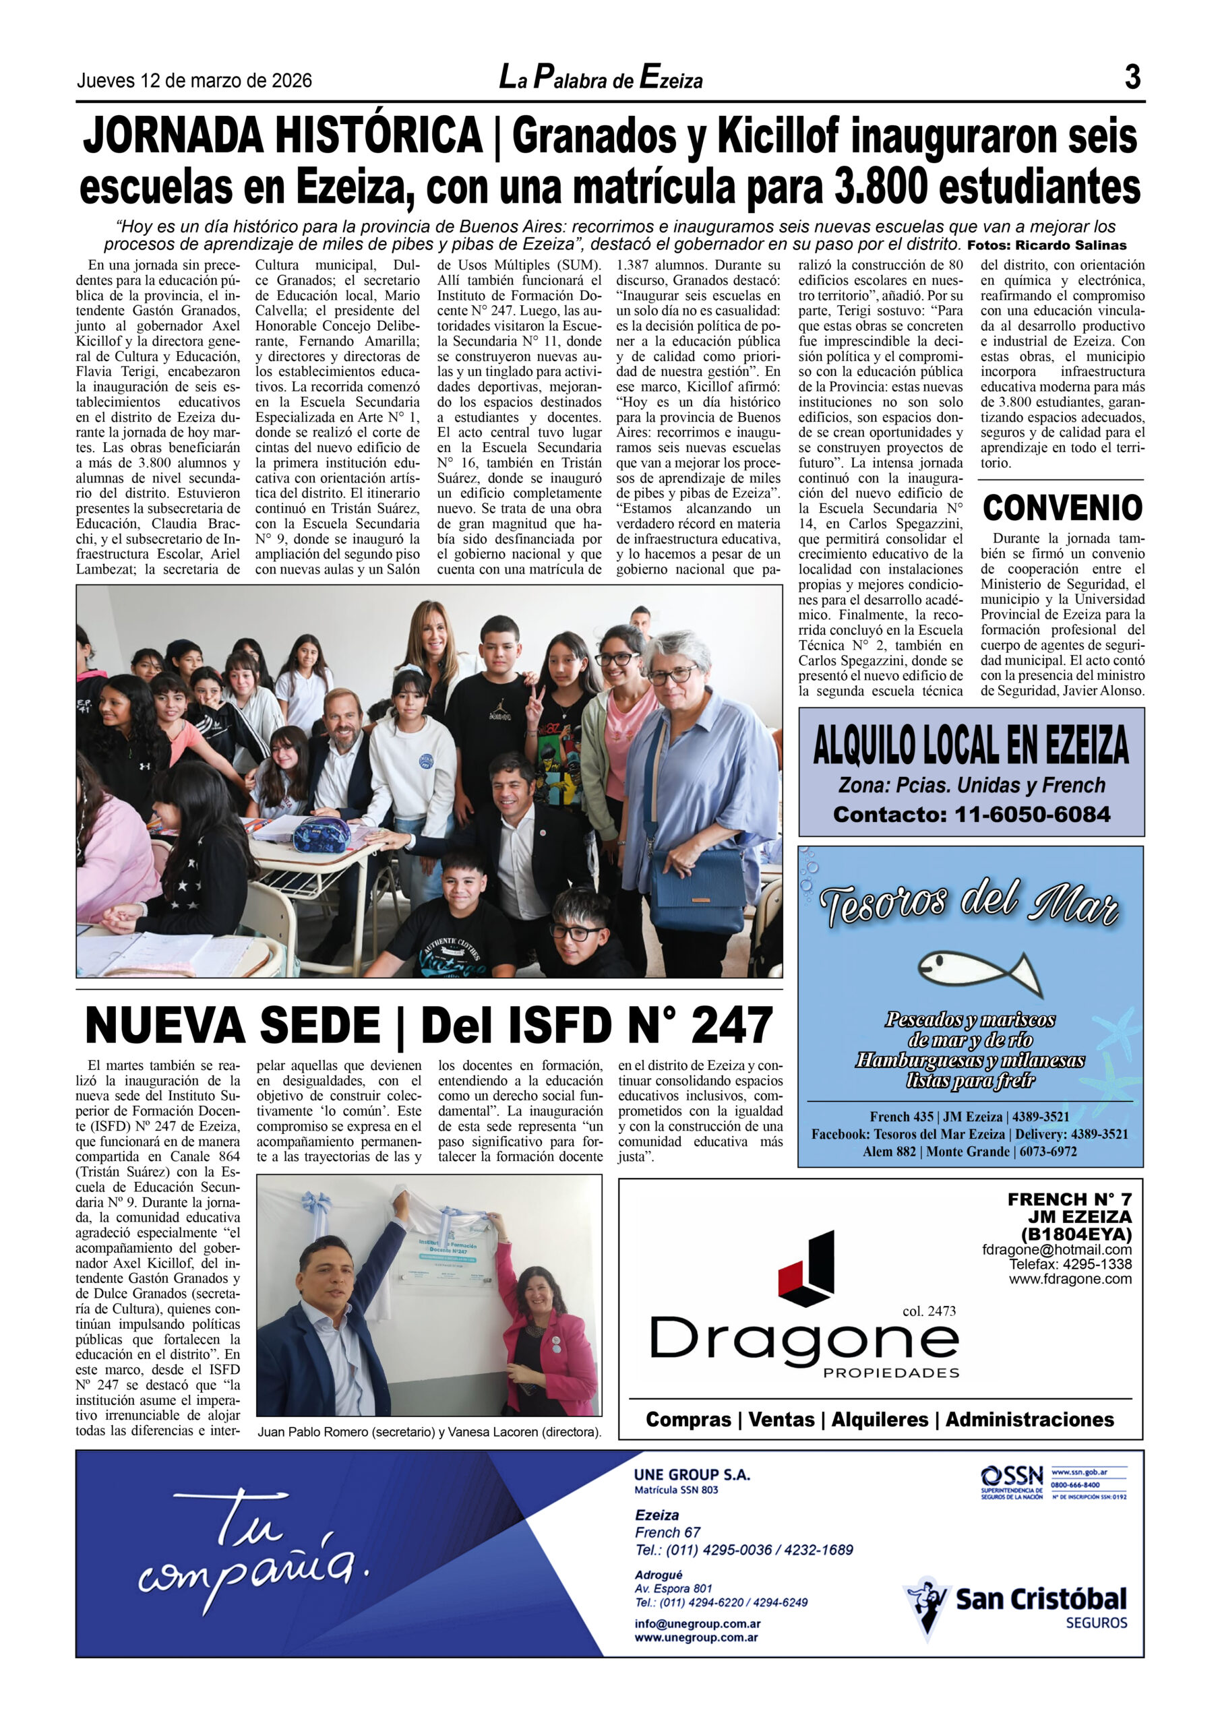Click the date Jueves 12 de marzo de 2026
[194, 80]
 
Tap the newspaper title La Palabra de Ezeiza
[601, 78]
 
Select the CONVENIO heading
[1062, 508]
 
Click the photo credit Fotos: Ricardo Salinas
[1046, 245]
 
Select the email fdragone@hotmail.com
[1056, 1250]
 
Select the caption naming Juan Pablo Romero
[429, 1432]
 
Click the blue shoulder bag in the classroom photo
[690, 889]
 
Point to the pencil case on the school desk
[322, 834]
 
